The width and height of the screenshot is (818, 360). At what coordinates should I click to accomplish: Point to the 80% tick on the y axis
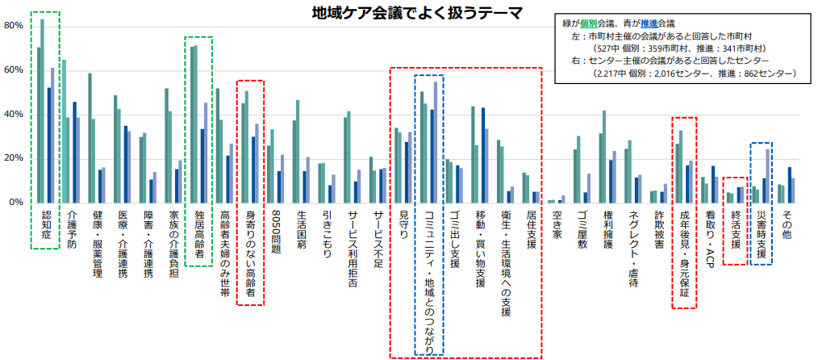14,26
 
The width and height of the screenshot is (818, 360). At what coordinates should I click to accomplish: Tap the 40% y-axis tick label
14,114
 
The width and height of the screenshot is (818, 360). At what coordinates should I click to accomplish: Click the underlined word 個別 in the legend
600,23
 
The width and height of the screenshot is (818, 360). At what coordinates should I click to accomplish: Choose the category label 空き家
557,224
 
